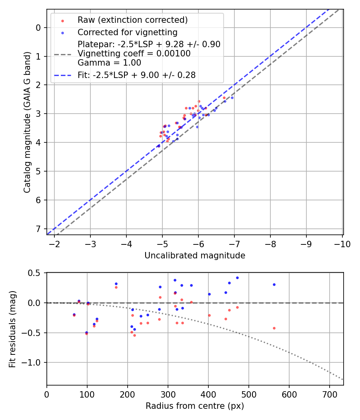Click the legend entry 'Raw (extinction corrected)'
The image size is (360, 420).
(132, 20)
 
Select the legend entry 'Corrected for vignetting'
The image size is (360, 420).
(127, 32)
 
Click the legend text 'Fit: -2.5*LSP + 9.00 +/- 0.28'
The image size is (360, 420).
(136, 75)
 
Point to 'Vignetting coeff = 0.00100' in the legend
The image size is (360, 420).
(134, 53)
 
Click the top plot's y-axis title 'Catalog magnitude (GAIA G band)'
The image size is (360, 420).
(27, 122)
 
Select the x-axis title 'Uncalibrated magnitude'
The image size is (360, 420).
(195, 255)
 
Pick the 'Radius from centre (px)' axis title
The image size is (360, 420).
(195, 406)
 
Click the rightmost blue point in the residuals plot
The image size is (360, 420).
(274, 284)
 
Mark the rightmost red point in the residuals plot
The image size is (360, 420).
(274, 328)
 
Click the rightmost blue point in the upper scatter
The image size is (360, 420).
(232, 98)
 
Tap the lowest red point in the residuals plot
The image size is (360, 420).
(134, 335)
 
